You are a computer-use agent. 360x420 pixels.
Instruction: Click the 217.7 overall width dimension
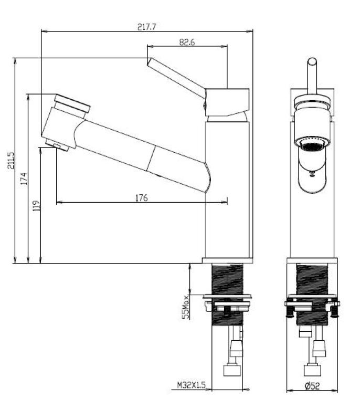(146, 26)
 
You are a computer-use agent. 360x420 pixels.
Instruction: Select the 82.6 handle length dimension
(187, 43)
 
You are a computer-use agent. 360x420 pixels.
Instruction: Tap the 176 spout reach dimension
(141, 197)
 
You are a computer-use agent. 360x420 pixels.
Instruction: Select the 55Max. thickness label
(185, 306)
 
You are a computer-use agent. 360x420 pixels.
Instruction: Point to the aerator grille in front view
(313, 143)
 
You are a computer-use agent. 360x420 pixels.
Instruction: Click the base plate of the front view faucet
(313, 260)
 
